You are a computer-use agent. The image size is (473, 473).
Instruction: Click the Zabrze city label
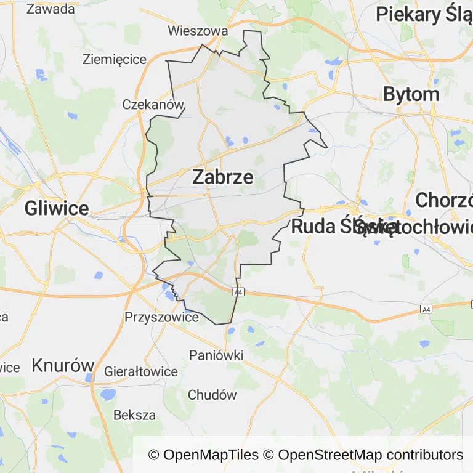[x=222, y=177]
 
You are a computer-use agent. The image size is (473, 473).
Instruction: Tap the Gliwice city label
[x=57, y=208]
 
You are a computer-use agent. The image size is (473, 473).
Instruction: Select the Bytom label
[x=411, y=94]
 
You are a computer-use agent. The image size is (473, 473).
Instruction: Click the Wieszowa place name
[x=198, y=31]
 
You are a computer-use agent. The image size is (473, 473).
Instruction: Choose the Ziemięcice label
[x=115, y=60]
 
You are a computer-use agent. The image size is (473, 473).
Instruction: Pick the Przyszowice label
[x=161, y=317]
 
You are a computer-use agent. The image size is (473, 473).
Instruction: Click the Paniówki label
[x=216, y=355]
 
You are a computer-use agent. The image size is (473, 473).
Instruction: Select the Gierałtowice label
[x=141, y=371]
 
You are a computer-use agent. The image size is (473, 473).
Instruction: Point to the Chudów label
[x=212, y=395]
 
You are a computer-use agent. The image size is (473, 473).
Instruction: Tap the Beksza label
[x=134, y=414]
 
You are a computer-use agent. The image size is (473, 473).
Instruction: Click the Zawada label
[x=51, y=9]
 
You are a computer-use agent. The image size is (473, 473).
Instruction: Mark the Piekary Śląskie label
[x=424, y=14]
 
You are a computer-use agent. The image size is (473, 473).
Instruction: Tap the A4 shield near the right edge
[x=426, y=309]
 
